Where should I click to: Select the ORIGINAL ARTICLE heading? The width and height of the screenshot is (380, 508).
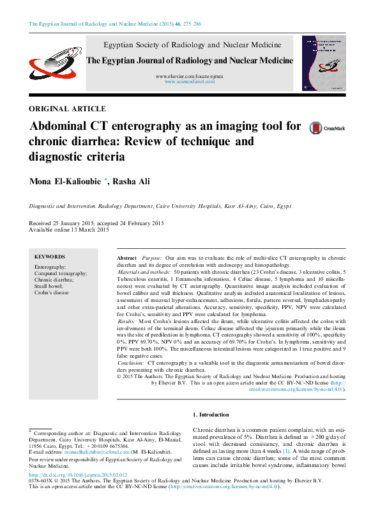click(x=68, y=109)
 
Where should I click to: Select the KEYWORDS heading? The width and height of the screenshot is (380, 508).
click(x=49, y=256)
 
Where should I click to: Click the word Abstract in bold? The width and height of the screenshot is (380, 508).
click(x=126, y=256)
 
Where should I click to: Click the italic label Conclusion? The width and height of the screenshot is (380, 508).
click(x=131, y=362)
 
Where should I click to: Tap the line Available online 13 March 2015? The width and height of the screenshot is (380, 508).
click(x=70, y=230)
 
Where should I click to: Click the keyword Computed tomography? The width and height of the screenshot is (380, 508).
click(x=61, y=273)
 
